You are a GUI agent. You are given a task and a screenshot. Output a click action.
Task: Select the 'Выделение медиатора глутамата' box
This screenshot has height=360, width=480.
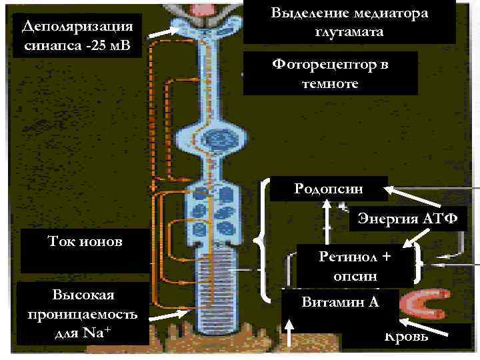click(349, 22)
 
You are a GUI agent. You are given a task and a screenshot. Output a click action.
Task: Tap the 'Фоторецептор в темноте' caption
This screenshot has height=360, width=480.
click(330, 73)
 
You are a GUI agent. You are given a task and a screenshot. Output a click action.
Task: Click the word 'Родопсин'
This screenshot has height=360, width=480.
click(341, 187)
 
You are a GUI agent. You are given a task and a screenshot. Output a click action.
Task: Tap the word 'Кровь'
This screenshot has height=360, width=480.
click(406, 335)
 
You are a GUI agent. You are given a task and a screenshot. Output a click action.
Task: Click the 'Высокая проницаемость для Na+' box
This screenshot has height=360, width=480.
click(83, 314)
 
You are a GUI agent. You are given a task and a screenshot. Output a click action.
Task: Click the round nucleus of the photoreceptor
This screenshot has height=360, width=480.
click(217, 139)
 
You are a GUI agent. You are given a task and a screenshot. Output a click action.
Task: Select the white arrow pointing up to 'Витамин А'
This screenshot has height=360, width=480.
click(290, 331)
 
